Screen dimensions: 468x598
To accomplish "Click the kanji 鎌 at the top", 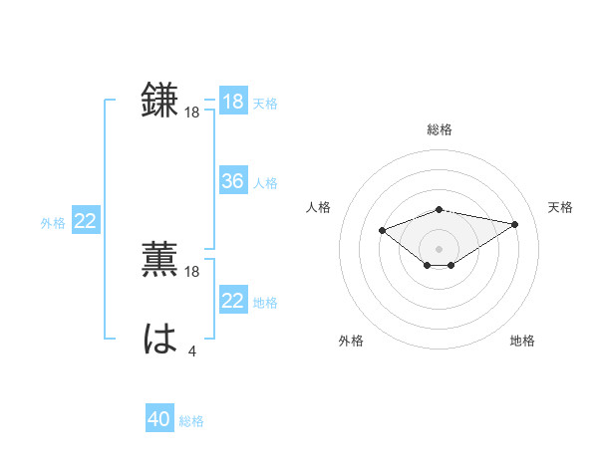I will pyautogui.click(x=160, y=101).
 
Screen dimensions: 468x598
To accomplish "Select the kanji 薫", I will pyautogui.click(x=160, y=259).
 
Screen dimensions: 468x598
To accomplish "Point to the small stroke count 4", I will pyautogui.click(x=192, y=351).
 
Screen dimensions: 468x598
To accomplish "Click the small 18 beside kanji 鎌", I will pyautogui.click(x=192, y=113).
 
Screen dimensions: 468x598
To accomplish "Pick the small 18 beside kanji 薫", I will pyautogui.click(x=192, y=271).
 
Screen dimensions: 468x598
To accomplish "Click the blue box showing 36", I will pyautogui.click(x=232, y=181).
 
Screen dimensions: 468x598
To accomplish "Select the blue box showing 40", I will pyautogui.click(x=158, y=419).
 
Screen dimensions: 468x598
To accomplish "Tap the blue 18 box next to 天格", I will pyautogui.click(x=232, y=102).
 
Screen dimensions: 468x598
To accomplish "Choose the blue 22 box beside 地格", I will pyautogui.click(x=232, y=301).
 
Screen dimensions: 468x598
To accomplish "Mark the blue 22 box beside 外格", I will pyautogui.click(x=85, y=221).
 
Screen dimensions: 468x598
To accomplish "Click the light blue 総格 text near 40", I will pyautogui.click(x=191, y=421).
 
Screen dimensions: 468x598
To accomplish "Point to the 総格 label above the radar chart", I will pyautogui.click(x=440, y=129).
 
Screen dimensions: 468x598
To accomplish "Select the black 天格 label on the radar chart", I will pyautogui.click(x=561, y=207).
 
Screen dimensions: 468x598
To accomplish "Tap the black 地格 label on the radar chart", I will pyautogui.click(x=522, y=341).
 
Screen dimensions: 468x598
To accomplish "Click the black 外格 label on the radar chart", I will pyautogui.click(x=351, y=341).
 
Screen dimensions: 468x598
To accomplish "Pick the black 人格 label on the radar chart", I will pyautogui.click(x=318, y=207).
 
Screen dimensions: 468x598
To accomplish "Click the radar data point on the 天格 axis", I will pyautogui.click(x=515, y=224).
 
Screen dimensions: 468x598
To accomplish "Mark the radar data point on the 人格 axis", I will pyautogui.click(x=382, y=230).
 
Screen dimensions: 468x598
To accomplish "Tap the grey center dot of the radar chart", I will pyautogui.click(x=439, y=248).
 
